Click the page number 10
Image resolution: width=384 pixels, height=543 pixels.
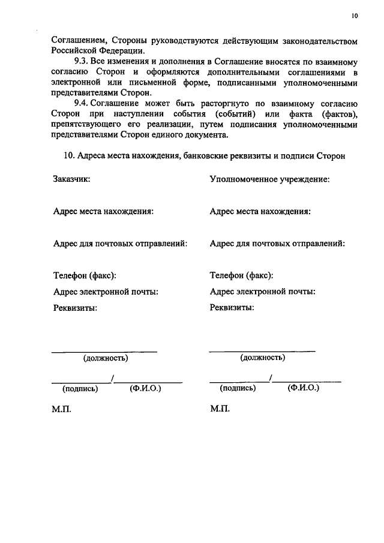click(x=354, y=16)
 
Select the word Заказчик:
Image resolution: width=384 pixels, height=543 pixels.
click(x=71, y=179)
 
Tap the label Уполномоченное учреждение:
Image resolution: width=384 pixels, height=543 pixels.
click(x=269, y=179)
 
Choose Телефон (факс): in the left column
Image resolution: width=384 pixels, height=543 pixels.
click(x=85, y=275)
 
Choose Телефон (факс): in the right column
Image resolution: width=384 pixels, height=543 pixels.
click(x=242, y=275)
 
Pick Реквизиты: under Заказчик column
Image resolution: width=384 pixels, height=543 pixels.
click(x=75, y=308)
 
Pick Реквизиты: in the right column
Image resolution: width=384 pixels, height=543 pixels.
click(x=232, y=308)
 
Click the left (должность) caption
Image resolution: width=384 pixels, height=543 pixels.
click(x=106, y=358)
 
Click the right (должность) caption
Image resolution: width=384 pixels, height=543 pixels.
click(x=262, y=358)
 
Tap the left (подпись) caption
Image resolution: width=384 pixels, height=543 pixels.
click(x=80, y=388)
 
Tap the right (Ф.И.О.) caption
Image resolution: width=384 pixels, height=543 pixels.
click(x=303, y=388)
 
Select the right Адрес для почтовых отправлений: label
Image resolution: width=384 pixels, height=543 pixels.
click(x=277, y=244)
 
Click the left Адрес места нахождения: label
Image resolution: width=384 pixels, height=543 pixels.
click(x=103, y=211)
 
